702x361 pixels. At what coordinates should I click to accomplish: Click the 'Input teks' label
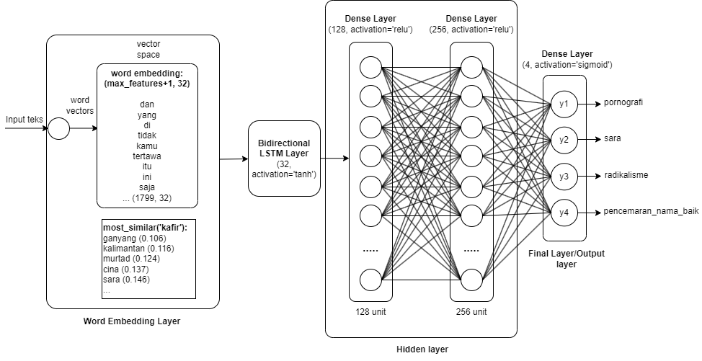(25, 120)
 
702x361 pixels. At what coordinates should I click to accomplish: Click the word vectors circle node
(58, 130)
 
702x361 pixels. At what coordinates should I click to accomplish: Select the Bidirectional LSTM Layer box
(283, 159)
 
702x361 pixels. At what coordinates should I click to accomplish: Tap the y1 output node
(564, 104)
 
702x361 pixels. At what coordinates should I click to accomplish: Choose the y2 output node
(564, 140)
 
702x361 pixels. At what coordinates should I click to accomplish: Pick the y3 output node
(564, 176)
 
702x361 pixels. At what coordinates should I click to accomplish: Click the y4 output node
(564, 213)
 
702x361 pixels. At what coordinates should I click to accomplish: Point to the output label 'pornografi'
(623, 102)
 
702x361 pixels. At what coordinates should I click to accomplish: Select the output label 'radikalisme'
(626, 175)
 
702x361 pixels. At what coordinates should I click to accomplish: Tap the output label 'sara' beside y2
(613, 138)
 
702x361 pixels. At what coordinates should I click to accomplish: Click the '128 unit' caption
(370, 312)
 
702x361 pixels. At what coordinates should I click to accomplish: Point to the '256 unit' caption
(471, 312)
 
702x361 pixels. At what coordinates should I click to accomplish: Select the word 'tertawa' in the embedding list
(147, 156)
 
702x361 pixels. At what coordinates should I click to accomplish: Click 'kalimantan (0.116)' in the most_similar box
(138, 249)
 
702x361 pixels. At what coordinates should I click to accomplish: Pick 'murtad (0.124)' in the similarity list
(131, 259)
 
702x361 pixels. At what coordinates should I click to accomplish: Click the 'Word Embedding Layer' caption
(132, 321)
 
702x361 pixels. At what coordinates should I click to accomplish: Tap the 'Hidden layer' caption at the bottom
(422, 349)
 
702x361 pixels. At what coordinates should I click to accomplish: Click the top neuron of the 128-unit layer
(370, 68)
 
